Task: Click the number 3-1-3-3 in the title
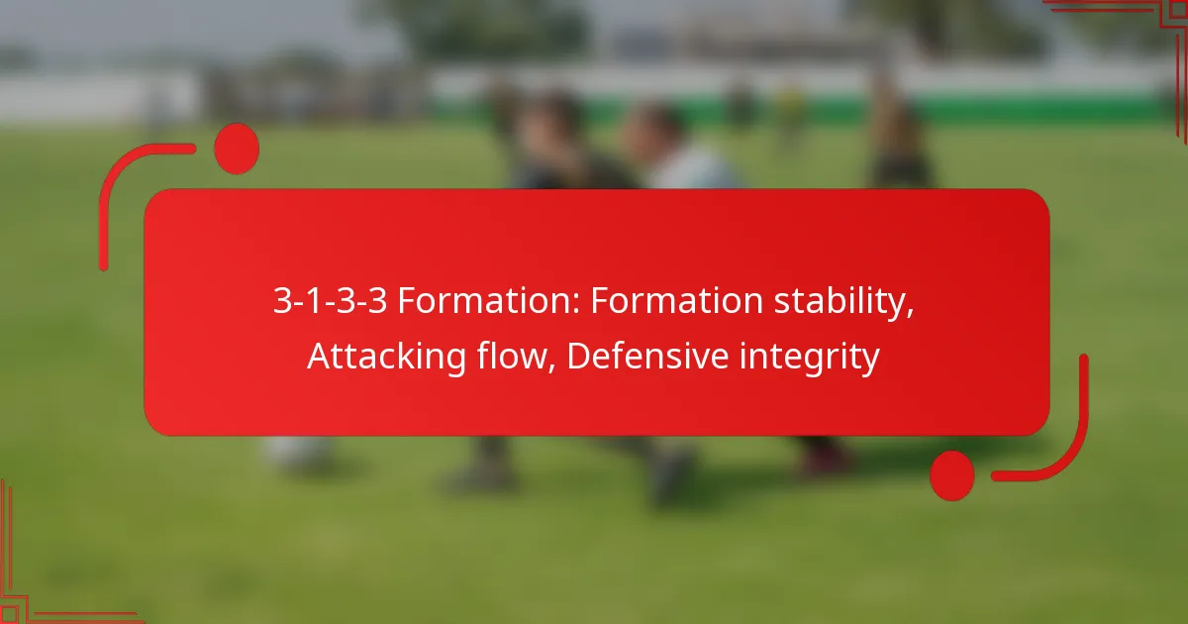pos(331,303)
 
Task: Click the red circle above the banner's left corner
pos(237,150)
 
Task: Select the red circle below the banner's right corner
pos(952,475)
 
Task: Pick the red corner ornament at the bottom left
pos(40,584)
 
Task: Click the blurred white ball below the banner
pos(297,454)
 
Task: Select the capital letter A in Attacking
pos(317,357)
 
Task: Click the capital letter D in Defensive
pos(578,357)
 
